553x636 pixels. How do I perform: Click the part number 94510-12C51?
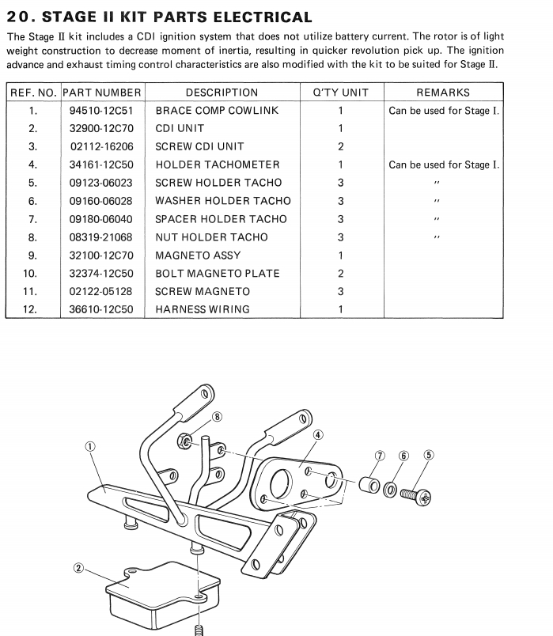tap(100, 111)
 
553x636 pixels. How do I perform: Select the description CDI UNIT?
tap(180, 128)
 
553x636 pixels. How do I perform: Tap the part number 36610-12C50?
tap(100, 309)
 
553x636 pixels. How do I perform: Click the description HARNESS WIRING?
tap(202, 309)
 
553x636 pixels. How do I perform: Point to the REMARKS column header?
tap(442, 93)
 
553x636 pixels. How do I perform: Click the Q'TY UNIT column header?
tap(340, 93)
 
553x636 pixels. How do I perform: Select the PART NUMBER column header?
tap(102, 93)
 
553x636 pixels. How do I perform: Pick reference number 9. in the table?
tap(32, 256)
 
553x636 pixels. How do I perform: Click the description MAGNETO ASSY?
tap(197, 256)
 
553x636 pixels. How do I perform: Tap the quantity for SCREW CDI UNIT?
tap(340, 146)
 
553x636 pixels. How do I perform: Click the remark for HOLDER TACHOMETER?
tap(443, 165)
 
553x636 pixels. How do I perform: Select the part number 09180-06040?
tap(100, 219)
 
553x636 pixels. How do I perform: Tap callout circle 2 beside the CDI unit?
tap(78, 568)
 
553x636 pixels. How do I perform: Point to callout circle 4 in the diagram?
tap(317, 434)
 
